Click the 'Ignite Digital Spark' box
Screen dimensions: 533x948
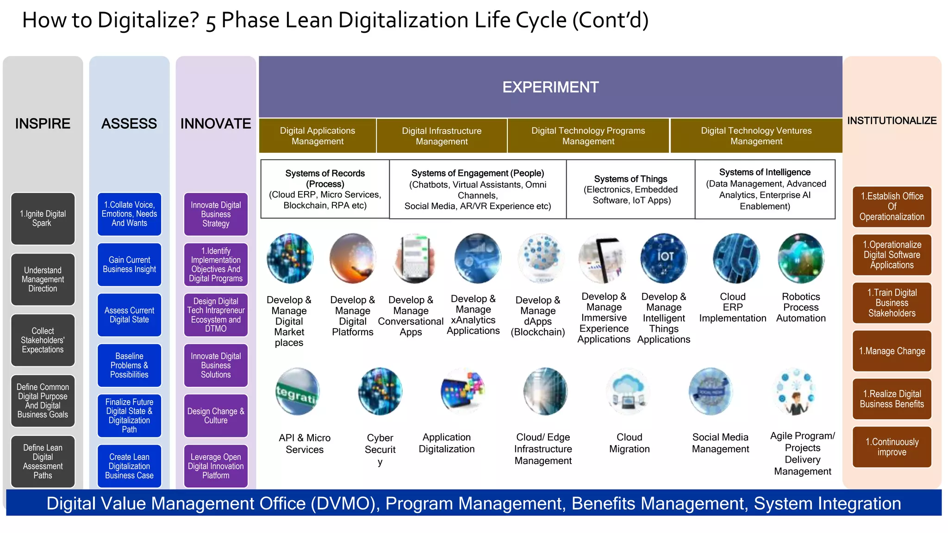click(43, 218)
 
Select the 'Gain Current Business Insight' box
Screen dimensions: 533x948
click(129, 265)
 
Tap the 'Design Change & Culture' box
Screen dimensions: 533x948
click(216, 415)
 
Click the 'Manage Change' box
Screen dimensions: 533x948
click(892, 351)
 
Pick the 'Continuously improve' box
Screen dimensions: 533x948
click(892, 447)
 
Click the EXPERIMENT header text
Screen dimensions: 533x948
click(550, 87)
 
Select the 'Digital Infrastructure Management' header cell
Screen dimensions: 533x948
click(442, 136)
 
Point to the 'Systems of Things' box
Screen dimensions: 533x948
click(630, 189)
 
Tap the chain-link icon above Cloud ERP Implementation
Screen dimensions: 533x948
click(736, 258)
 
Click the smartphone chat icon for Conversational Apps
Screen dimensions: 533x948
click(413, 258)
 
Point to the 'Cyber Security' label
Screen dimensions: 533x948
click(380, 449)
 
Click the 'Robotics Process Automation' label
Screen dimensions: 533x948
click(801, 307)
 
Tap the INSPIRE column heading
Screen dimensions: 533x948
click(43, 124)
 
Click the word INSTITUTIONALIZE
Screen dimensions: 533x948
click(892, 121)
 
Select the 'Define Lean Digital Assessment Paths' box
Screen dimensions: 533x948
click(43, 461)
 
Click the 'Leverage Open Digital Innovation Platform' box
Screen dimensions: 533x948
click(216, 466)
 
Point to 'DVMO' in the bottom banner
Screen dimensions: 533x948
click(343, 503)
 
